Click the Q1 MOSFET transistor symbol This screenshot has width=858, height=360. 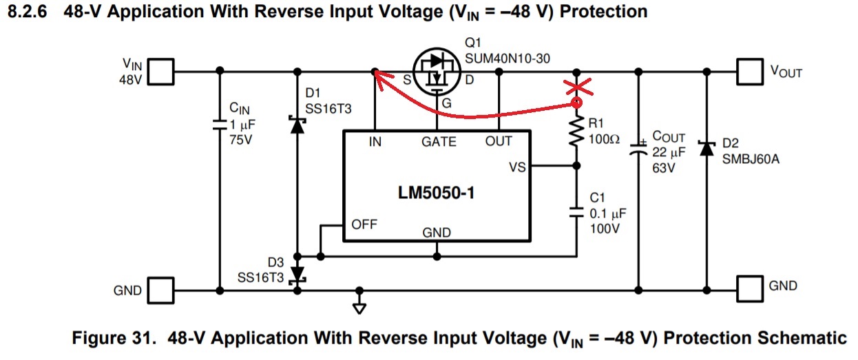click(437, 72)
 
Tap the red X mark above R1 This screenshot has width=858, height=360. click(578, 87)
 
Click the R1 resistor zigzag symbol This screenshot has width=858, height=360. click(576, 131)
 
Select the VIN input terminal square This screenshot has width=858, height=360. click(161, 72)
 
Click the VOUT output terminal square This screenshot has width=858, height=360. click(750, 72)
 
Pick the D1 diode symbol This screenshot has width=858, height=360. click(297, 125)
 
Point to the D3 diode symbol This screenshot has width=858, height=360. click(297, 275)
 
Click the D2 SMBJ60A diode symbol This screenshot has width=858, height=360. click(707, 148)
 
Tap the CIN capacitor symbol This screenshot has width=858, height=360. click(220, 125)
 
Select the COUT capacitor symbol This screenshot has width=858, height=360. click(638, 149)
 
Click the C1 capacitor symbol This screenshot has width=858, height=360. click(576, 213)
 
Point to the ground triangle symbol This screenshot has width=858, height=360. click(359, 308)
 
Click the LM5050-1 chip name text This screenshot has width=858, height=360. click(437, 193)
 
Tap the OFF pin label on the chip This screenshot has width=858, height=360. click(364, 224)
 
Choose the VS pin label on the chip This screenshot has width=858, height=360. click(517, 167)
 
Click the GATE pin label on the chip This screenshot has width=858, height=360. click(439, 142)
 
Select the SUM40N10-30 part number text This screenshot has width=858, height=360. click(508, 59)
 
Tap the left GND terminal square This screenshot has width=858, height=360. click(161, 290)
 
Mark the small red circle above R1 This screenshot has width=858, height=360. click(576, 103)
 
